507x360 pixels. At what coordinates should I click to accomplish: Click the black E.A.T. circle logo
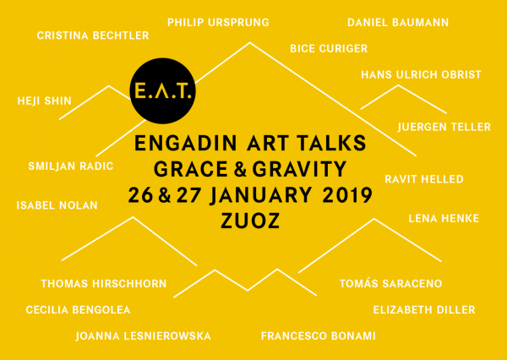click(162, 91)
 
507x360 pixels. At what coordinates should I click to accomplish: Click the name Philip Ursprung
click(218, 23)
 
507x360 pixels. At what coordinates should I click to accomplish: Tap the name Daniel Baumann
click(398, 23)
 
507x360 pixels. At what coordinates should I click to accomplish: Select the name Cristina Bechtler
click(93, 35)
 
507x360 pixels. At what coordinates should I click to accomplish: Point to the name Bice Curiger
click(329, 48)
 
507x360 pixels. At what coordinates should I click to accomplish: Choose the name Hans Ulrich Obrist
click(422, 74)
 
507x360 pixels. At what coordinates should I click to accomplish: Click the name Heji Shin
click(44, 101)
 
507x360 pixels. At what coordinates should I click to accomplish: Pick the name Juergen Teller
click(444, 127)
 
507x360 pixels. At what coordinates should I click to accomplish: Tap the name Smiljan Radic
click(71, 166)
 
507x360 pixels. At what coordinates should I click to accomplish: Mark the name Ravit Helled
click(424, 179)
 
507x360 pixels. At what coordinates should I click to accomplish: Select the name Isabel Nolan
click(57, 205)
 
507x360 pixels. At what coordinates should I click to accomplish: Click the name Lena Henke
click(444, 219)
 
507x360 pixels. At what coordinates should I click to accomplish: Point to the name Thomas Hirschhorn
click(104, 284)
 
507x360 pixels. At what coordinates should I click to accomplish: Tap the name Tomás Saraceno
click(391, 283)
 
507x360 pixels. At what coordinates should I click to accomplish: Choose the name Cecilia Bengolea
click(79, 310)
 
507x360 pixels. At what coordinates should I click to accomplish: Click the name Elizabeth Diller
click(424, 310)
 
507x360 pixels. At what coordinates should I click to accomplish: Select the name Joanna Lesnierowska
click(144, 336)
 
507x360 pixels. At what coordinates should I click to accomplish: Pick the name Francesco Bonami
click(319, 336)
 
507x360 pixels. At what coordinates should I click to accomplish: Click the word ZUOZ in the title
click(250, 221)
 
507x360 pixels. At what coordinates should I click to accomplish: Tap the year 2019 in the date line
click(347, 195)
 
